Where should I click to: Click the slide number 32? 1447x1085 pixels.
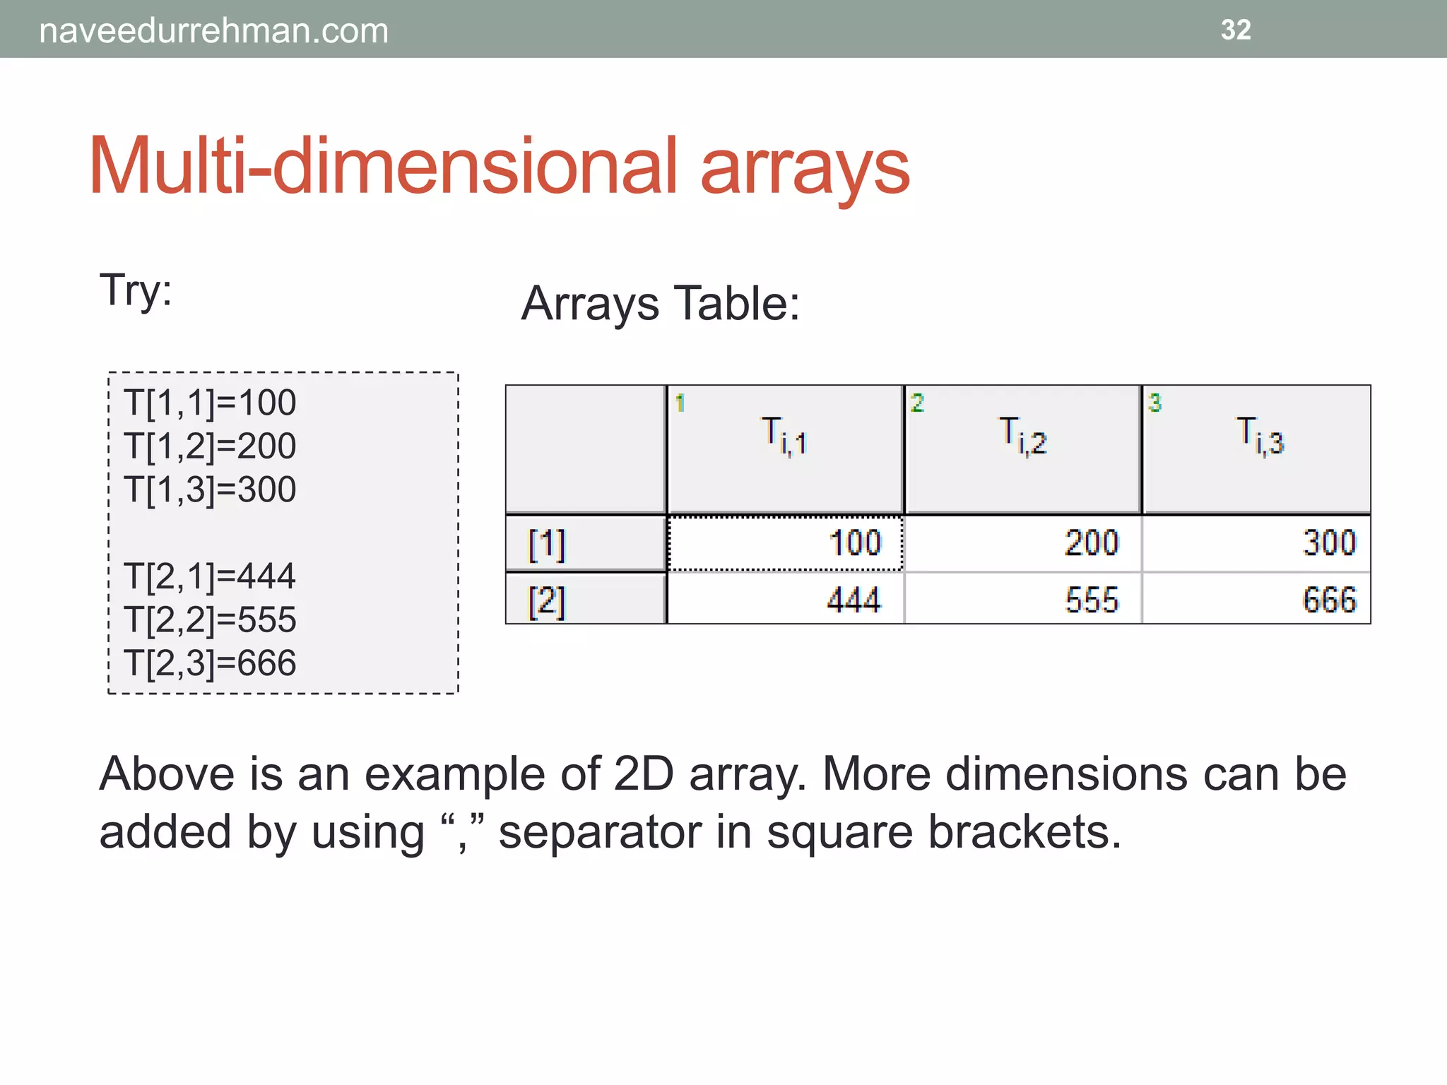click(x=1236, y=30)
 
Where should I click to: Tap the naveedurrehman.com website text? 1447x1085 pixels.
click(x=213, y=31)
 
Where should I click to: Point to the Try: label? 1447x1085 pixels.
click(x=136, y=290)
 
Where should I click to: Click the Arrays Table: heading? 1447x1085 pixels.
click(x=660, y=304)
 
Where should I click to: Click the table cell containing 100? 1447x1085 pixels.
click(x=785, y=543)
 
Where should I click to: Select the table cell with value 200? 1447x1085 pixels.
click(x=1022, y=543)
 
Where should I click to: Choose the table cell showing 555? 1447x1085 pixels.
click(x=1022, y=600)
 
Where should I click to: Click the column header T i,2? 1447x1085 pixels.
click(x=1022, y=449)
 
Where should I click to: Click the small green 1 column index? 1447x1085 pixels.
click(x=680, y=403)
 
